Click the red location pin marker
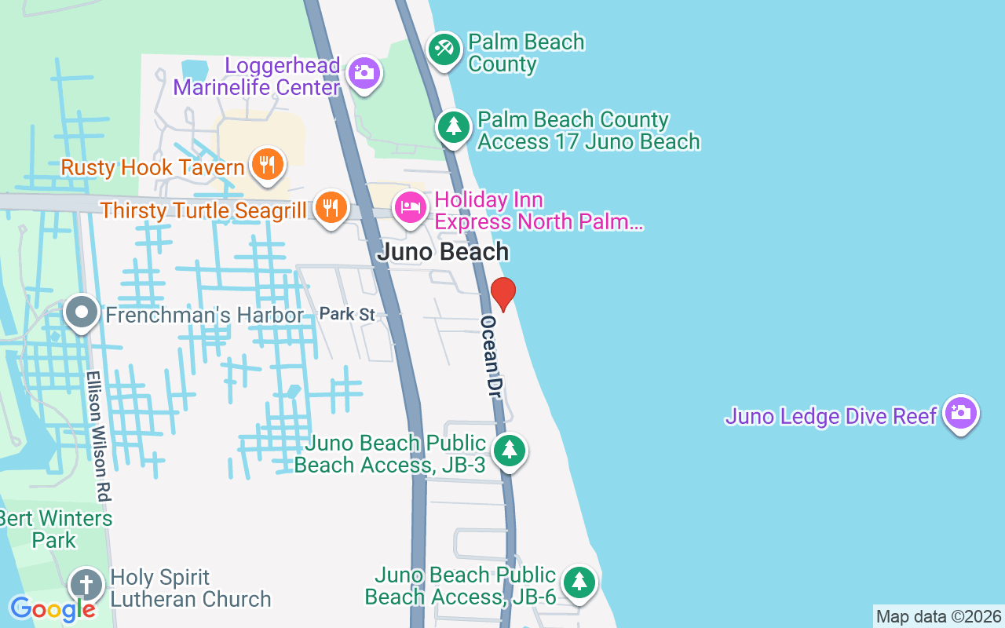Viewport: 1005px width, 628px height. coord(503,294)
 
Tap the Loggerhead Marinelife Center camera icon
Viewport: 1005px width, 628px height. coord(364,74)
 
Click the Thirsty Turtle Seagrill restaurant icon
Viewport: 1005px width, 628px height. coord(331,208)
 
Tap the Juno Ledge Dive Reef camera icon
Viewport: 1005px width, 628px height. coord(961,412)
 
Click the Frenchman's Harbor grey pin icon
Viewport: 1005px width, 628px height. coord(82,313)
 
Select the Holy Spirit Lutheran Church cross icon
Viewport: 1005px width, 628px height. coord(86,586)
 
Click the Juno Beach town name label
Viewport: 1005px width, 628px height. coord(443,252)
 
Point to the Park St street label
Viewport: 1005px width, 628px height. coord(347,314)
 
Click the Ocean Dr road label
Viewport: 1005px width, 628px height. coord(492,357)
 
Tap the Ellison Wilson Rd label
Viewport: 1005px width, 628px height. coord(100,436)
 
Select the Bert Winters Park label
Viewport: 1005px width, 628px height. coord(54,529)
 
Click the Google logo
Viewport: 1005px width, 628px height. coord(52,609)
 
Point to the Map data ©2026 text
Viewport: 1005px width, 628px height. coord(938,617)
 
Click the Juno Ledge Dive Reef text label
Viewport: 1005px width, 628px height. coord(831,415)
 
